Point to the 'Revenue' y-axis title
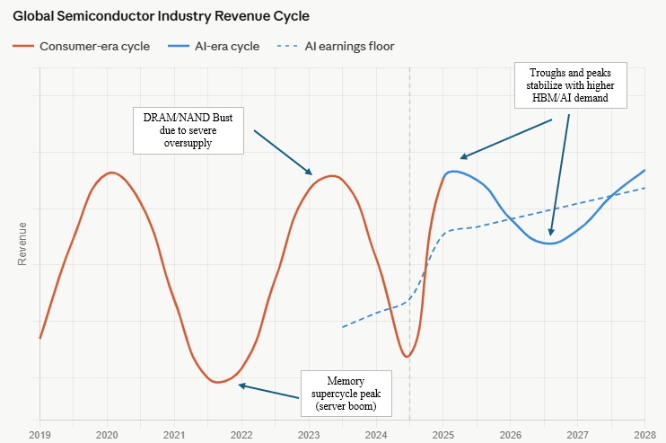coord(22,244)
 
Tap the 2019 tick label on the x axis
coord(39,435)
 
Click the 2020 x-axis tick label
coord(107,435)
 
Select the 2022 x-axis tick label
coord(241,435)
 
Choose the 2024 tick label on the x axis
coord(376,435)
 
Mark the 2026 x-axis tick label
coord(510,435)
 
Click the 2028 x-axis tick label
coord(644,435)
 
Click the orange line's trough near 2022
coord(215,383)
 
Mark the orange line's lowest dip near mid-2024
coord(407,357)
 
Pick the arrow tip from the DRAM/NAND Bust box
coord(311,173)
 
